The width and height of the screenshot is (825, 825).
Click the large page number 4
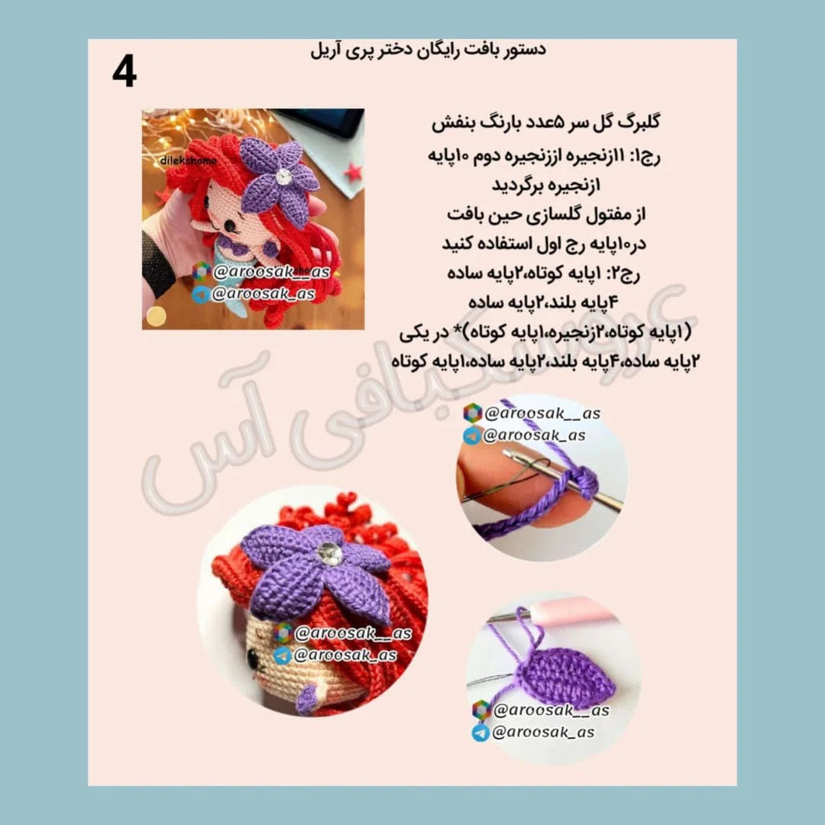(x=125, y=72)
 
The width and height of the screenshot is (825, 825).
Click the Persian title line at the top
(x=428, y=50)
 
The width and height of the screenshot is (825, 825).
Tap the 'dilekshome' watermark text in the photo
(x=188, y=160)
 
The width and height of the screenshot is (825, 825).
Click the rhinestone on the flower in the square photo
(x=283, y=176)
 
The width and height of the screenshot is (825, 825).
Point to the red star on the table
(x=353, y=172)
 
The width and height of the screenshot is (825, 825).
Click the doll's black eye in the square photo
(x=230, y=226)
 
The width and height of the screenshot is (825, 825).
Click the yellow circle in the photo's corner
(x=156, y=316)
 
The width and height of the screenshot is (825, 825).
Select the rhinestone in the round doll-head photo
(x=330, y=554)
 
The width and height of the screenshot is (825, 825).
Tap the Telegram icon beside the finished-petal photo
(x=480, y=733)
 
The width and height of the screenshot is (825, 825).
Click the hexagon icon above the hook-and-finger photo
(x=473, y=413)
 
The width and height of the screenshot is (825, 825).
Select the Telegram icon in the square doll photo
(x=200, y=294)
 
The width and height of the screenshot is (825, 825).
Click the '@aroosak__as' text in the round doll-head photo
(x=353, y=633)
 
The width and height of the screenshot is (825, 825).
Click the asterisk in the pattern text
(x=444, y=331)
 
